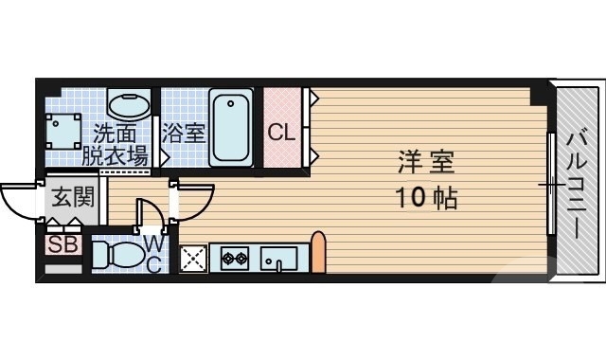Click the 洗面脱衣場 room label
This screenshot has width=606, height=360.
[x=118, y=144]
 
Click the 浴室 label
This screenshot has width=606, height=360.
[x=183, y=133]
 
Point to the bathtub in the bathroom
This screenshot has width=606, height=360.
[x=231, y=127]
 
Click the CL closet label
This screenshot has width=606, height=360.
[x=281, y=133]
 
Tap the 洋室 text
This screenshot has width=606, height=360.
[x=425, y=163]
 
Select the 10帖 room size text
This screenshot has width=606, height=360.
[x=425, y=200]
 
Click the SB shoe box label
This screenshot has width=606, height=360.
[x=62, y=245]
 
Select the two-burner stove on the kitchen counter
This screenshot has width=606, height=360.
[x=233, y=256]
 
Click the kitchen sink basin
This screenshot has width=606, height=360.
[x=277, y=258]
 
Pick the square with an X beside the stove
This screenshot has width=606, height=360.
[x=194, y=258]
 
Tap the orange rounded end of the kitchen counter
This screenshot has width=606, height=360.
[x=318, y=252]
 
